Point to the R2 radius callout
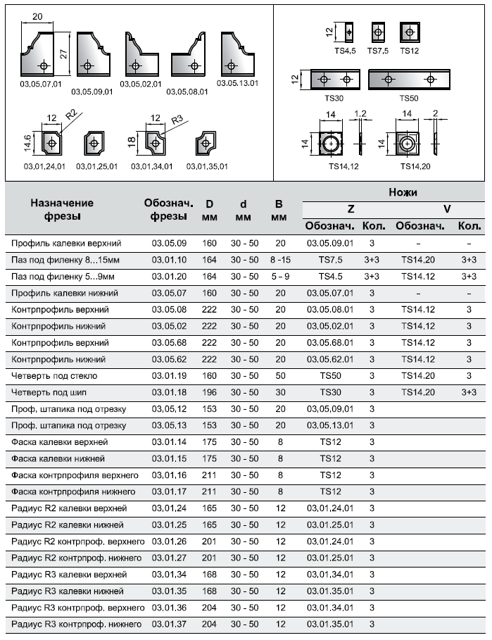point(70,115)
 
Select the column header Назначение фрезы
point(62,209)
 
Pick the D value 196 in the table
point(210,391)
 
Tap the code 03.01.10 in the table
point(169,260)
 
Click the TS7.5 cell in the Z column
point(331,260)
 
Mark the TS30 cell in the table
point(331,391)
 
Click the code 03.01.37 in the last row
point(169,625)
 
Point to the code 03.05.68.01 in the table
point(331,342)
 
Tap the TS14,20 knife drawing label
point(415,167)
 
